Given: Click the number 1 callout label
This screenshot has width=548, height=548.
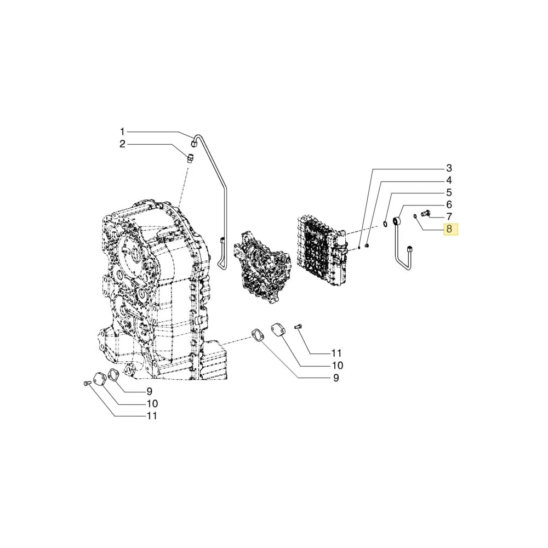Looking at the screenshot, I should point(123,132).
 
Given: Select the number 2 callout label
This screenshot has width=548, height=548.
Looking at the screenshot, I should point(123,144).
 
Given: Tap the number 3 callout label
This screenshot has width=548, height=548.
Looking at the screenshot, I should point(448,168).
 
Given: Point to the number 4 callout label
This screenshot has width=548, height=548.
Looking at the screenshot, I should point(448,180).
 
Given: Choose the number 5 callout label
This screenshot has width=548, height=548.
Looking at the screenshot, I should point(448,192).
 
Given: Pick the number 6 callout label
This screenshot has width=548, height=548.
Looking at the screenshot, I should point(448,204).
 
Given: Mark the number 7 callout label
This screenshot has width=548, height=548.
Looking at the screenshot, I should point(448,216).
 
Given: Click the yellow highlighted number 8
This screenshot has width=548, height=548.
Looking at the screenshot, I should point(449,229).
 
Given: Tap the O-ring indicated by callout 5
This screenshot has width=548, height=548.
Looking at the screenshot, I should point(386,222).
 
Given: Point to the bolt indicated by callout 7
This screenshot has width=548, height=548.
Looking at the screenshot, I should point(425,213).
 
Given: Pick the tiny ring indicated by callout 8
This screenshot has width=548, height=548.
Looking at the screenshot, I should point(415,216).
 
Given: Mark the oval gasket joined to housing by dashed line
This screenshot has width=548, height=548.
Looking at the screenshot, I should point(256,335).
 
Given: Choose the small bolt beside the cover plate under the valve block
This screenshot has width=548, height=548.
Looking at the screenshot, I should point(298,327).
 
